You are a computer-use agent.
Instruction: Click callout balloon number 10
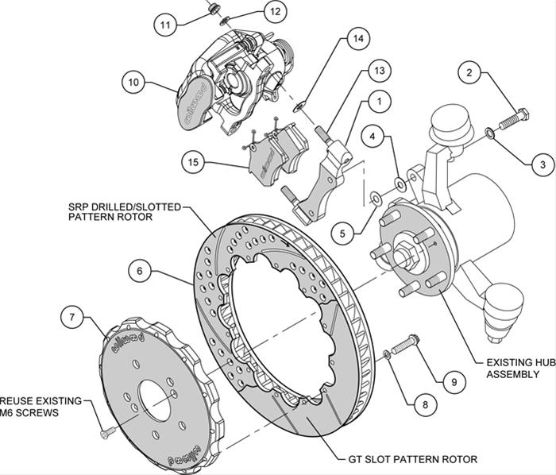133,81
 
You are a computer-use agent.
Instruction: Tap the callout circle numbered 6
140,270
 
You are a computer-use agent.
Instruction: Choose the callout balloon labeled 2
470,74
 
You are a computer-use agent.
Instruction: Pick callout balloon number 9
454,382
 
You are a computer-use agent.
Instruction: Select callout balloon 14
358,38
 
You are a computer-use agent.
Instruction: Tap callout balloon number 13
380,71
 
